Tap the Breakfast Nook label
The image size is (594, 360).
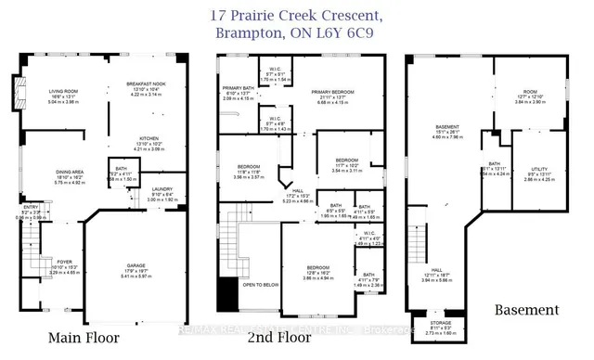pyautogui.click(x=145, y=84)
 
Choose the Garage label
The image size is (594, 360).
pyautogui.click(x=135, y=264)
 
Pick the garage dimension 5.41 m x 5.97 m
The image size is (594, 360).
pyautogui.click(x=135, y=276)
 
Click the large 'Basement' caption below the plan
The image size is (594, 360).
pyautogui.click(x=525, y=308)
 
